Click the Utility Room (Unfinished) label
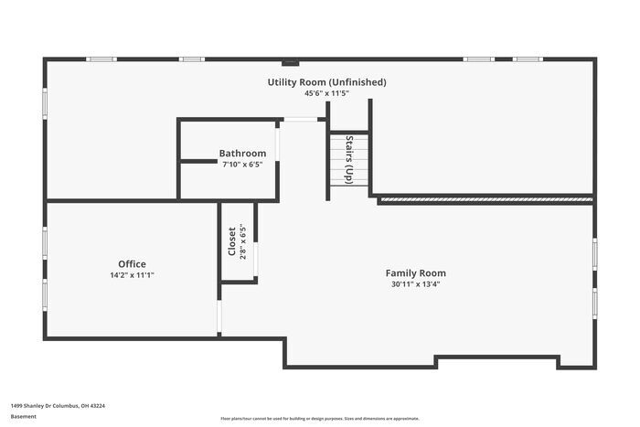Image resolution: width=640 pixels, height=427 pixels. pos(326,82)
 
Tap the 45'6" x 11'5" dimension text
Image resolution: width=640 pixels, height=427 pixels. pos(326,93)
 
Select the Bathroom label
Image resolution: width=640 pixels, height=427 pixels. pos(242,154)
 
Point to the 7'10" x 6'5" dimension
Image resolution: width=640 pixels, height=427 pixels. pos(242,165)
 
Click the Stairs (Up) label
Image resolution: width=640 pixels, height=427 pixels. pos(349,160)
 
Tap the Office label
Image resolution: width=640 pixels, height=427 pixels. pos(132,264)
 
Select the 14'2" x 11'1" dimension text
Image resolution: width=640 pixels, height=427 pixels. pos(132,275)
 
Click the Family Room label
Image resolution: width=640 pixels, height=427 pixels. pos(415,272)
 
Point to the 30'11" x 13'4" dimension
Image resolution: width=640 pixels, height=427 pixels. pos(415,283)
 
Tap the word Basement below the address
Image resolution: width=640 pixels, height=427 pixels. pos(24,416)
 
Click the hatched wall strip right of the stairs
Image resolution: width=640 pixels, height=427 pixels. pos(485,198)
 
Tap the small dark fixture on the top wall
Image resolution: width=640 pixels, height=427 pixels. pos(290,63)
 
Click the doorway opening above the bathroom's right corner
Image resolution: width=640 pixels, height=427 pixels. pos(300,119)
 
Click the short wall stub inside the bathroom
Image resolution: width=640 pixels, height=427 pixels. pos(198,162)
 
